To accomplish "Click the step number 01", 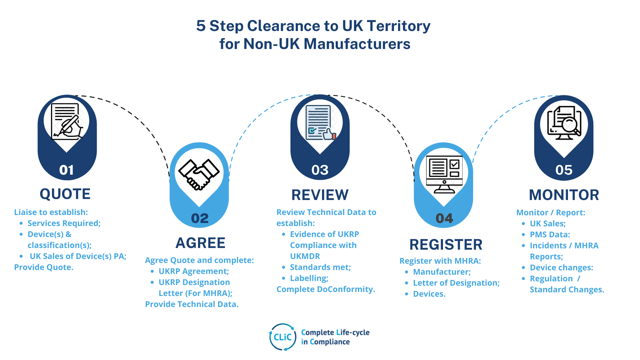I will pyautogui.click(x=66, y=170).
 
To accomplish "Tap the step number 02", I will pyautogui.click(x=200, y=218).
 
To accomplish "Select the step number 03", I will pyautogui.click(x=320, y=170).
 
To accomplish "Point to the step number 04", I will pyautogui.click(x=444, y=218).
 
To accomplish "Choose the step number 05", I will pyautogui.click(x=564, y=170).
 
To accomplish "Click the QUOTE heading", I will pyautogui.click(x=65, y=194).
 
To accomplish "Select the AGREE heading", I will pyautogui.click(x=200, y=243).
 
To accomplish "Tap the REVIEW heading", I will pyautogui.click(x=320, y=195).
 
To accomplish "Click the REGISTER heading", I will pyautogui.click(x=446, y=245).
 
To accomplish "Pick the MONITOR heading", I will pyautogui.click(x=564, y=195).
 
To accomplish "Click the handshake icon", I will pyautogui.click(x=199, y=174).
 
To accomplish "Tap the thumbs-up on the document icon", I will pyautogui.click(x=329, y=134).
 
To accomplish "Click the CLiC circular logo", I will pyautogui.click(x=283, y=337).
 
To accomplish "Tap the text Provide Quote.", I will pyautogui.click(x=44, y=267).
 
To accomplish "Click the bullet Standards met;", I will pyautogui.click(x=320, y=267).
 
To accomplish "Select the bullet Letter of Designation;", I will pyautogui.click(x=456, y=283).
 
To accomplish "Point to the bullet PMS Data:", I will pyautogui.click(x=550, y=235).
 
